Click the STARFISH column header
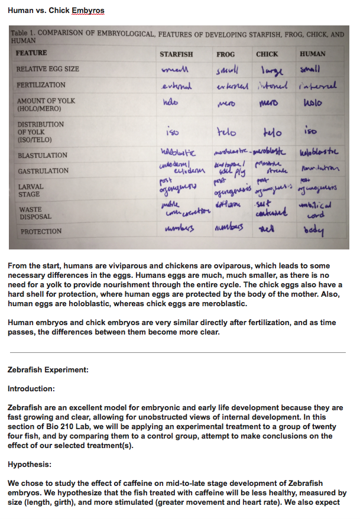pyautogui.click(x=176, y=54)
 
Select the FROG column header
pyautogui.click(x=225, y=54)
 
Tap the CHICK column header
pyautogui.click(x=267, y=54)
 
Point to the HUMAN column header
pyautogui.click(x=312, y=54)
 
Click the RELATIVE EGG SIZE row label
pyautogui.click(x=48, y=69)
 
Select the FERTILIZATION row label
pyautogui.click(x=41, y=85)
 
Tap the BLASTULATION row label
pyautogui.click(x=43, y=155)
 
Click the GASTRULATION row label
pyautogui.click(x=43, y=171)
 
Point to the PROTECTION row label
pyautogui.click(x=41, y=232)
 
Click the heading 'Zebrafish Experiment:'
pyautogui.click(x=48, y=370)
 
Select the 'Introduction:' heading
pyautogui.click(x=31, y=389)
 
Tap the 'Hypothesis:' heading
pyautogui.click(x=30, y=465)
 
